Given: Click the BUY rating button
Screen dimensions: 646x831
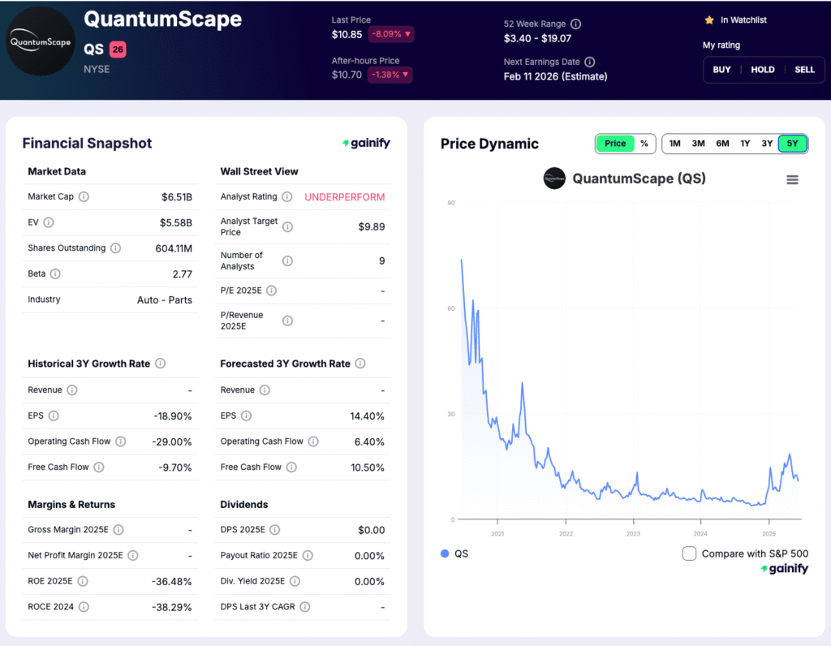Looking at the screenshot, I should point(721,70).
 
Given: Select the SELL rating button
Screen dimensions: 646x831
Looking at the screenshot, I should point(804,70).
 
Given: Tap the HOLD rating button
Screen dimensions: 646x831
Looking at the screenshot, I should point(763,70).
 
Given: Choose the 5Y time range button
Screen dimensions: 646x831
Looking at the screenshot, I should point(792,144).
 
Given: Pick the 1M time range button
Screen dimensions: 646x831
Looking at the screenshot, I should point(674,144).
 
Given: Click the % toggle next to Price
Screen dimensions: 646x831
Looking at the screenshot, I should point(644,144).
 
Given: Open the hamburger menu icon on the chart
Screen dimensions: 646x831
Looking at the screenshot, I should point(792,179).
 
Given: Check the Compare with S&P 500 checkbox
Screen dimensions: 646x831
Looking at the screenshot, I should point(690,553).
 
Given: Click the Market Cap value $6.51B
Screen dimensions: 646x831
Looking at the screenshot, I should point(176,196).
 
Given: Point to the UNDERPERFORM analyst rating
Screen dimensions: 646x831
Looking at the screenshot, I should point(344,197).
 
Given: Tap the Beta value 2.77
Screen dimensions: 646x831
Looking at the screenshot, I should point(183,274).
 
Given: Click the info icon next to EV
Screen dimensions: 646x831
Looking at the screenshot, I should point(49,222).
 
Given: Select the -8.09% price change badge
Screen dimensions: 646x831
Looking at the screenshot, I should point(391,34).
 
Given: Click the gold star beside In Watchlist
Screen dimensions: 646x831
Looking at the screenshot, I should point(709,19).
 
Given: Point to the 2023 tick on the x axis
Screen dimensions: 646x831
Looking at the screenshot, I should point(633,533).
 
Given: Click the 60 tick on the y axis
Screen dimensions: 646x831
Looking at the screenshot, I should point(450,308).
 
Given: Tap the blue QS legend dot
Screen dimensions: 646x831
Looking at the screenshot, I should point(445,553).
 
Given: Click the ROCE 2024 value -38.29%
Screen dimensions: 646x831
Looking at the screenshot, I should point(170,607).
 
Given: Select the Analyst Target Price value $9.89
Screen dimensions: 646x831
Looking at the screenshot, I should point(371,226).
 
